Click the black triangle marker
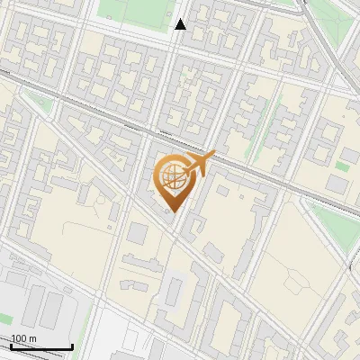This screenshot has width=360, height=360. [181, 24]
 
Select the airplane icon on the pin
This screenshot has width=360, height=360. [200, 164]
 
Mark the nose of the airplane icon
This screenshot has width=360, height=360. [214, 155]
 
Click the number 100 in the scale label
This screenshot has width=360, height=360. [19, 338]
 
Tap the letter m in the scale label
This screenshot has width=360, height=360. [32, 338]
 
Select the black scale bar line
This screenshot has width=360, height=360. [41, 346]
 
